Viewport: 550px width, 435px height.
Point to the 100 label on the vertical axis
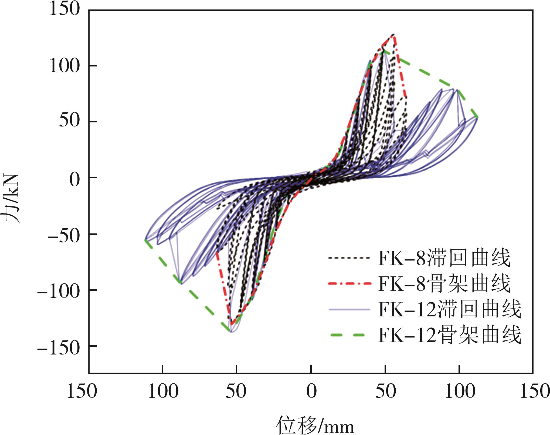pyautogui.click(x=64, y=66)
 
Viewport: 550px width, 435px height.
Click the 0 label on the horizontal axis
pyautogui.click(x=311, y=391)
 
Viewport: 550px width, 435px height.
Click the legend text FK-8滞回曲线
pyautogui.click(x=444, y=258)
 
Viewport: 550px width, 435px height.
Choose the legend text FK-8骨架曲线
pyautogui.click(x=444, y=283)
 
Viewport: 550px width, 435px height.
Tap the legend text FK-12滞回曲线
pyautogui.click(x=450, y=309)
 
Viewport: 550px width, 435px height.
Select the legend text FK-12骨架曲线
pyautogui.click(x=450, y=335)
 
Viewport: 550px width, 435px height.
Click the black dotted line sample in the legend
pyautogui.click(x=349, y=258)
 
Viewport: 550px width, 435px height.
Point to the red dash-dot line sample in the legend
pyautogui.click(x=349, y=283)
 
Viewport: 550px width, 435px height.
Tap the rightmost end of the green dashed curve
pyautogui.click(x=477, y=117)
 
